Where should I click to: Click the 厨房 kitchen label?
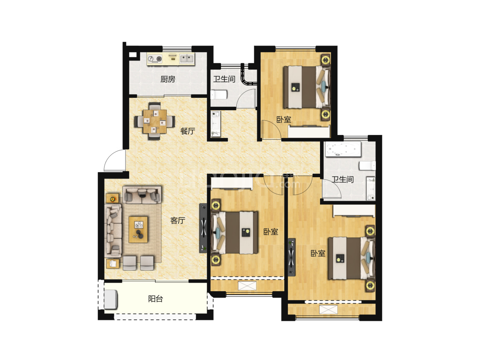(x=168, y=79)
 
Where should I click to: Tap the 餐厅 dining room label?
(x=187, y=131)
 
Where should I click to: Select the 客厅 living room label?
(x=177, y=220)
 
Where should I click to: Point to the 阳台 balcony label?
(x=155, y=299)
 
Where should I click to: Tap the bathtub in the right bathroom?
(x=343, y=149)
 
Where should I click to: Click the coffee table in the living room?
(x=139, y=229)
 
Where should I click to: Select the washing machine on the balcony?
(x=111, y=299)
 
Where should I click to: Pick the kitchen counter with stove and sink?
(x=171, y=59)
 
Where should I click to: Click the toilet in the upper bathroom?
(x=219, y=95)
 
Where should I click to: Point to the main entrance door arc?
(x=114, y=161)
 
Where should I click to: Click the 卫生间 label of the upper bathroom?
(x=224, y=79)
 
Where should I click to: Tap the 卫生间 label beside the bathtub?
(x=343, y=180)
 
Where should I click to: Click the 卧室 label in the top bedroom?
(x=284, y=120)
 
